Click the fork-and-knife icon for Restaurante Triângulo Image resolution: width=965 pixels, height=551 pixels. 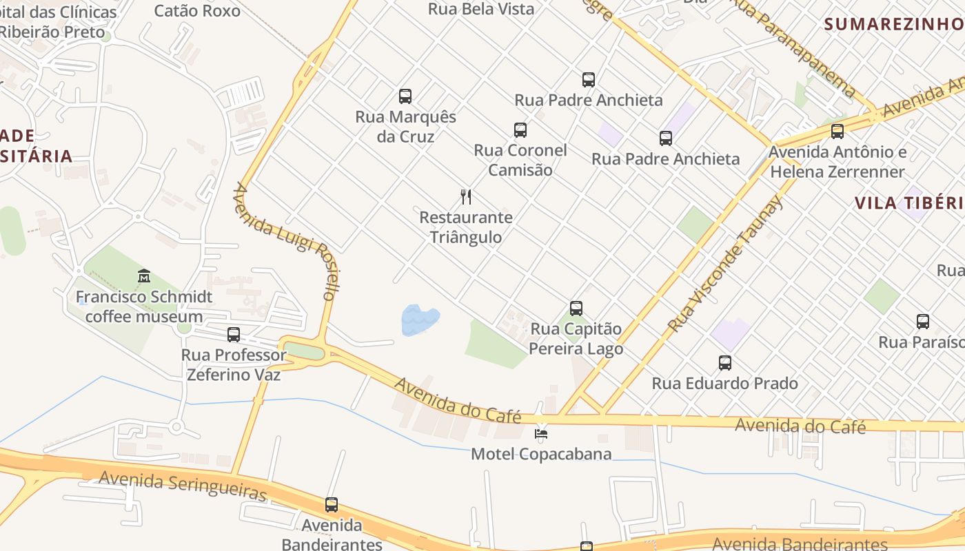point(466,197)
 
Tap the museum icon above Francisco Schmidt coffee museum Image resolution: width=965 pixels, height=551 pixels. point(144,276)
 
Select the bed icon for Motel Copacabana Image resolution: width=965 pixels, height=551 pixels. point(542,434)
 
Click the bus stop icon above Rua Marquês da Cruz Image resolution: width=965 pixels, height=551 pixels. point(405,96)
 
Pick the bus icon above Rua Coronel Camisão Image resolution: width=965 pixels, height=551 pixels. point(520,129)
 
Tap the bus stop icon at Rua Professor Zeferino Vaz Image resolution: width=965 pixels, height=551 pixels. point(234,335)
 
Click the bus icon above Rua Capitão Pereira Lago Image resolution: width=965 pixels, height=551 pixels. point(576,309)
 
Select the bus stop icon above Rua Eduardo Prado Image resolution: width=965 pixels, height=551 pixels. point(724,363)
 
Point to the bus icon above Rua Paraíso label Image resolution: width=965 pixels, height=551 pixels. point(923,321)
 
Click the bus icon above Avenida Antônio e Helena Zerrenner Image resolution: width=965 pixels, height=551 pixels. point(837,131)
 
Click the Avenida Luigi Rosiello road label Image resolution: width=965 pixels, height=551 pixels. point(285,241)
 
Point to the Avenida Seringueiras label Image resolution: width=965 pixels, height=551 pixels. point(183,486)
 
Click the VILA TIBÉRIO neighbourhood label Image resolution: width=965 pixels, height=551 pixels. point(908,202)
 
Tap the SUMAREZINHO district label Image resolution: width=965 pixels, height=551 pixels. point(894,24)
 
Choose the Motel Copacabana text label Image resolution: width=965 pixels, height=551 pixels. point(541,454)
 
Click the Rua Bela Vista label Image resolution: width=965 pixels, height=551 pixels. point(481,9)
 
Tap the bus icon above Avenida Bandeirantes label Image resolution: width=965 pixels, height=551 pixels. point(332,505)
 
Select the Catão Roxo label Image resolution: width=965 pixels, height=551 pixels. point(197,10)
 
